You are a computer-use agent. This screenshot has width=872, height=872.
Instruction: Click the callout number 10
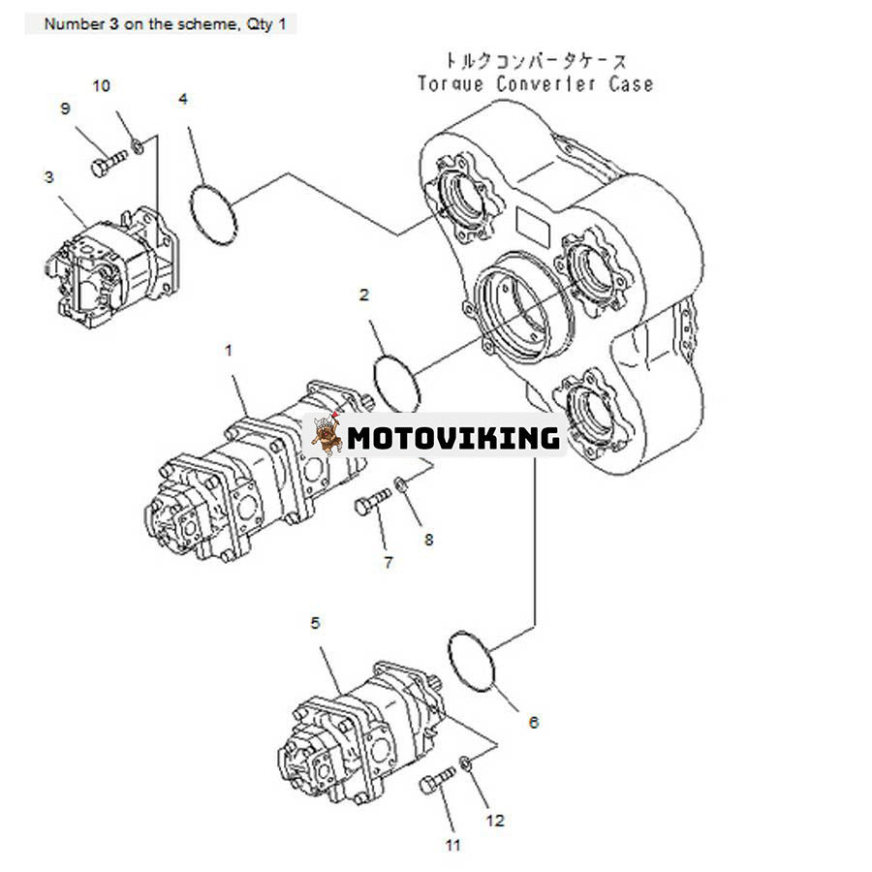tap(101, 86)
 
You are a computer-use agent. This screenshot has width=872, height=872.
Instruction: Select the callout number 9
tap(66, 109)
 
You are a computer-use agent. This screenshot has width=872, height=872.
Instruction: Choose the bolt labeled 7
tap(372, 502)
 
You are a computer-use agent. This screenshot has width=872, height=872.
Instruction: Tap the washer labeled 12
tap(467, 762)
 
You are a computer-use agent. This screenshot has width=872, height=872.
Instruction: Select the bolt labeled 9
tap(109, 162)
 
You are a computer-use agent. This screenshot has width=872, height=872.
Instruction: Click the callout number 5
tap(316, 623)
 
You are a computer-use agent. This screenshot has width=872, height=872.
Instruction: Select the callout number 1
tap(229, 351)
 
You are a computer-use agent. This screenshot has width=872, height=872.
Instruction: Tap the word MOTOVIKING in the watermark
tap(453, 438)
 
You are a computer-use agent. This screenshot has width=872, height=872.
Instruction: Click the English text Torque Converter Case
tap(535, 84)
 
